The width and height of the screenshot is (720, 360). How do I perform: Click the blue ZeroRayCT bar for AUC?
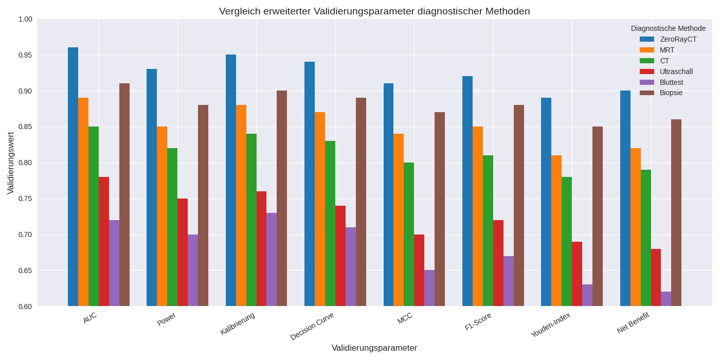click(73, 177)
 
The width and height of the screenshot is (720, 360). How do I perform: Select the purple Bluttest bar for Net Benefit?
click(666, 299)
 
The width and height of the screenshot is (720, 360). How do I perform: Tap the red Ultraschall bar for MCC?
click(419, 271)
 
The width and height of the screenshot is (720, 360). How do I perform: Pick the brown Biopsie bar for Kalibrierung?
click(282, 199)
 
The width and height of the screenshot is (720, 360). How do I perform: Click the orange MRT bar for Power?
click(162, 217)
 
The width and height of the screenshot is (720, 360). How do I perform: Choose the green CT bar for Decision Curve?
click(330, 224)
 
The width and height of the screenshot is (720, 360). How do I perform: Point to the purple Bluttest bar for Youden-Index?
click(587, 296)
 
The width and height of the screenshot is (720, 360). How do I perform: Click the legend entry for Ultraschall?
click(676, 71)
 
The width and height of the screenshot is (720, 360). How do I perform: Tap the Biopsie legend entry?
click(671, 93)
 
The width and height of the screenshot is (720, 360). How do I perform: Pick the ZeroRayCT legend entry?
click(678, 39)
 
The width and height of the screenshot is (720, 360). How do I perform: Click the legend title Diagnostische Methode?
click(668, 28)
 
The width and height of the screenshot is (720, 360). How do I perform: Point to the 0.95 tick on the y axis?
click(25, 55)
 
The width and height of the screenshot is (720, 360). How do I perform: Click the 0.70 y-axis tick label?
click(25, 235)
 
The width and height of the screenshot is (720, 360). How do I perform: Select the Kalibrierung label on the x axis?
click(238, 323)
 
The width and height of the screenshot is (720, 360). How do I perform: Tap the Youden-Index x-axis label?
click(551, 325)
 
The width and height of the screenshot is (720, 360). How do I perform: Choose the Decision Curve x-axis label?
click(312, 326)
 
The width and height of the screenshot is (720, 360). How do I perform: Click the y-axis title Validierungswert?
click(11, 163)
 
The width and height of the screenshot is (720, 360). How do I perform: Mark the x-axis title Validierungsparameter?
click(374, 348)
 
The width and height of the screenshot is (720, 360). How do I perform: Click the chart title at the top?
click(374, 11)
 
